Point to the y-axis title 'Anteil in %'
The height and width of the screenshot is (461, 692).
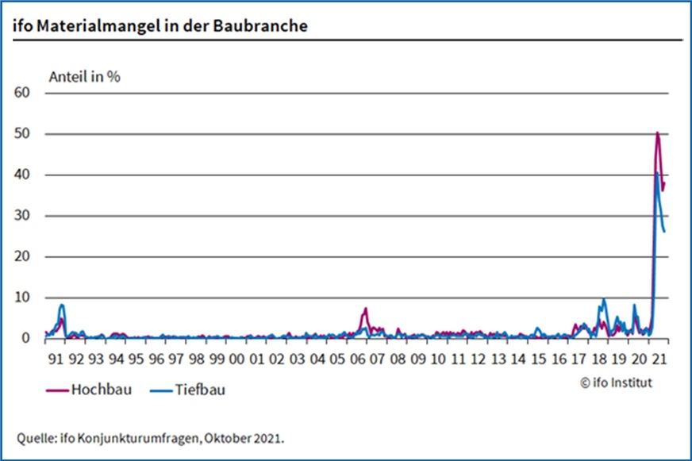85,78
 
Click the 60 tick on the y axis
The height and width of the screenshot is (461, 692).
21,93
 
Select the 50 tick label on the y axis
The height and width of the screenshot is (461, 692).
21,134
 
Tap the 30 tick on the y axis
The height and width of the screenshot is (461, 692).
21,216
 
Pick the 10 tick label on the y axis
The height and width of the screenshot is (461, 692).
21,298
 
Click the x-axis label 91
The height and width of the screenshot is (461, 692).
56,359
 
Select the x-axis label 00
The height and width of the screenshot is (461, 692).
236,359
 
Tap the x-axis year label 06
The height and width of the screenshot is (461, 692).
357,359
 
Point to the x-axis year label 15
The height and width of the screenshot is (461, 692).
538,359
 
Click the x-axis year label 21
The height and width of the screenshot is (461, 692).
659,359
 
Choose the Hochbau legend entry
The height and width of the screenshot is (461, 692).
88,390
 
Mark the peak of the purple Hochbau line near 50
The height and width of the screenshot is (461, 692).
658,133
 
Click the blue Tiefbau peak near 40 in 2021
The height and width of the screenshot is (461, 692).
656,172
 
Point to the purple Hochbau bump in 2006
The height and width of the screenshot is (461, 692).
366,309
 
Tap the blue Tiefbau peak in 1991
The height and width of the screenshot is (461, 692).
62,305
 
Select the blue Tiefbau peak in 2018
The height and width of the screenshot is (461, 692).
604,300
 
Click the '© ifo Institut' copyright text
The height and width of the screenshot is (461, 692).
616,382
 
